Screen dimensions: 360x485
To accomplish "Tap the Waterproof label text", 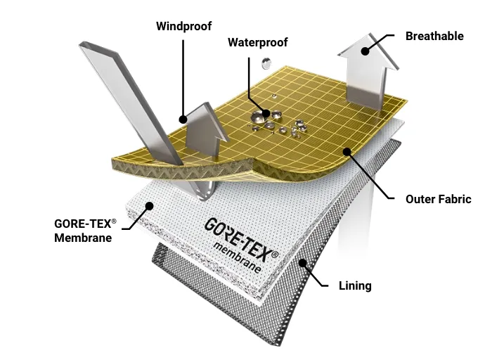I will pos(258,42).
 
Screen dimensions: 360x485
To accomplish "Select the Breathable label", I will pos(434,36).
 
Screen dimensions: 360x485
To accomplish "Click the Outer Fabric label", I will pos(437,199).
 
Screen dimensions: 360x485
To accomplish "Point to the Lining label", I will pos(354,285).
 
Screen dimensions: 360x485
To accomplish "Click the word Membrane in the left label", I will pos(84,238).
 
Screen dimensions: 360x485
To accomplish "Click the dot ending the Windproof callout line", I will pos(182,120).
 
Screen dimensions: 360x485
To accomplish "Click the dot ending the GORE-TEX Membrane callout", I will pos(149,205).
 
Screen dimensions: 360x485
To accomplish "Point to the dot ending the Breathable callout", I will pos(366,50).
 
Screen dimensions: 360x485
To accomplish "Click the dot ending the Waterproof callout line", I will pos(266,112).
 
